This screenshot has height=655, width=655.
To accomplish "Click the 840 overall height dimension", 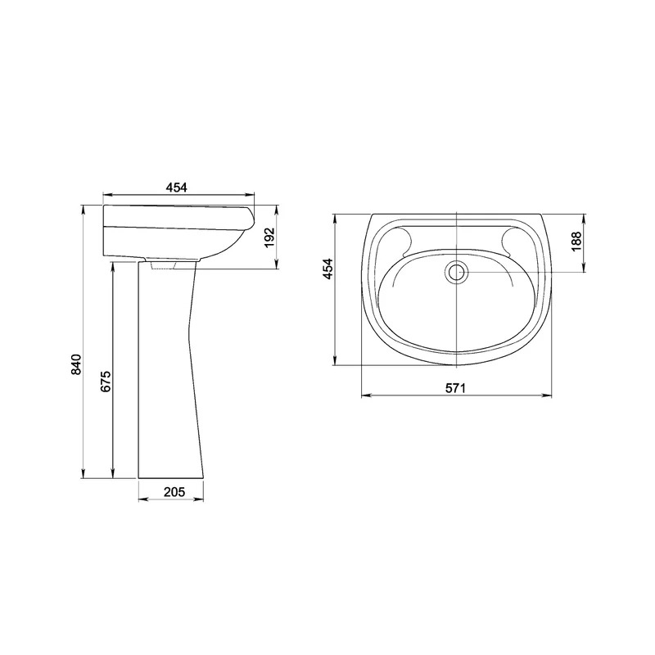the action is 75,364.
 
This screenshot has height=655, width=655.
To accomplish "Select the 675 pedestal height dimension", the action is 106,381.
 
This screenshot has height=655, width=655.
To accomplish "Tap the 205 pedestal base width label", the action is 174,492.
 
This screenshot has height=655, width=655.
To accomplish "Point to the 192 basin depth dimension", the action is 270,237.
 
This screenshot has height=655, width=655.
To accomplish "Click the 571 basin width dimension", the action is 455,388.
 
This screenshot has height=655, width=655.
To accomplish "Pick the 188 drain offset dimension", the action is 576,241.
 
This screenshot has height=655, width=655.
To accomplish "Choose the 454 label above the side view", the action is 176,187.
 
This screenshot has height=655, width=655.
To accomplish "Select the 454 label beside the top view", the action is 328,269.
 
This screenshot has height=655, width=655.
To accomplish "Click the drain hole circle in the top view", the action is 456,272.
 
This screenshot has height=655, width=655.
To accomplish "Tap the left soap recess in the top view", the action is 405,242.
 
